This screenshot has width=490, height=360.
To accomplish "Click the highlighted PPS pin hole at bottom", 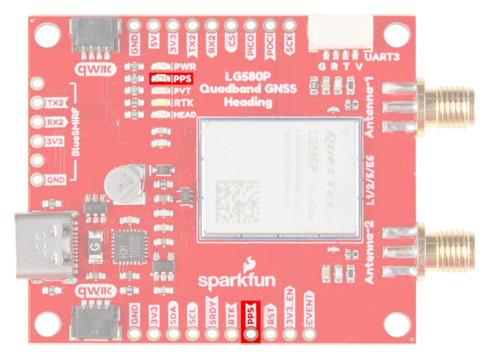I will point(251,334).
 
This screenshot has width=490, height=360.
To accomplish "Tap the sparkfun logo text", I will point(236,280).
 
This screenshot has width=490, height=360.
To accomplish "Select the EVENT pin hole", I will point(309,334).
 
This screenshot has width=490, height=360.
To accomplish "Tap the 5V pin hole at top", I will point(153,25).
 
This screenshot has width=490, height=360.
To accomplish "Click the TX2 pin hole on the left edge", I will point(38,103).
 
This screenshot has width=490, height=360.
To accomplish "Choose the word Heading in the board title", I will point(248,102).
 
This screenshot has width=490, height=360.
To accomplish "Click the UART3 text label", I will point(382,56).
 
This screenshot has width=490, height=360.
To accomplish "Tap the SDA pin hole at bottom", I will point(173,334).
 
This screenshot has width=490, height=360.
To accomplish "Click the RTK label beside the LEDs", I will point(183,103).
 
